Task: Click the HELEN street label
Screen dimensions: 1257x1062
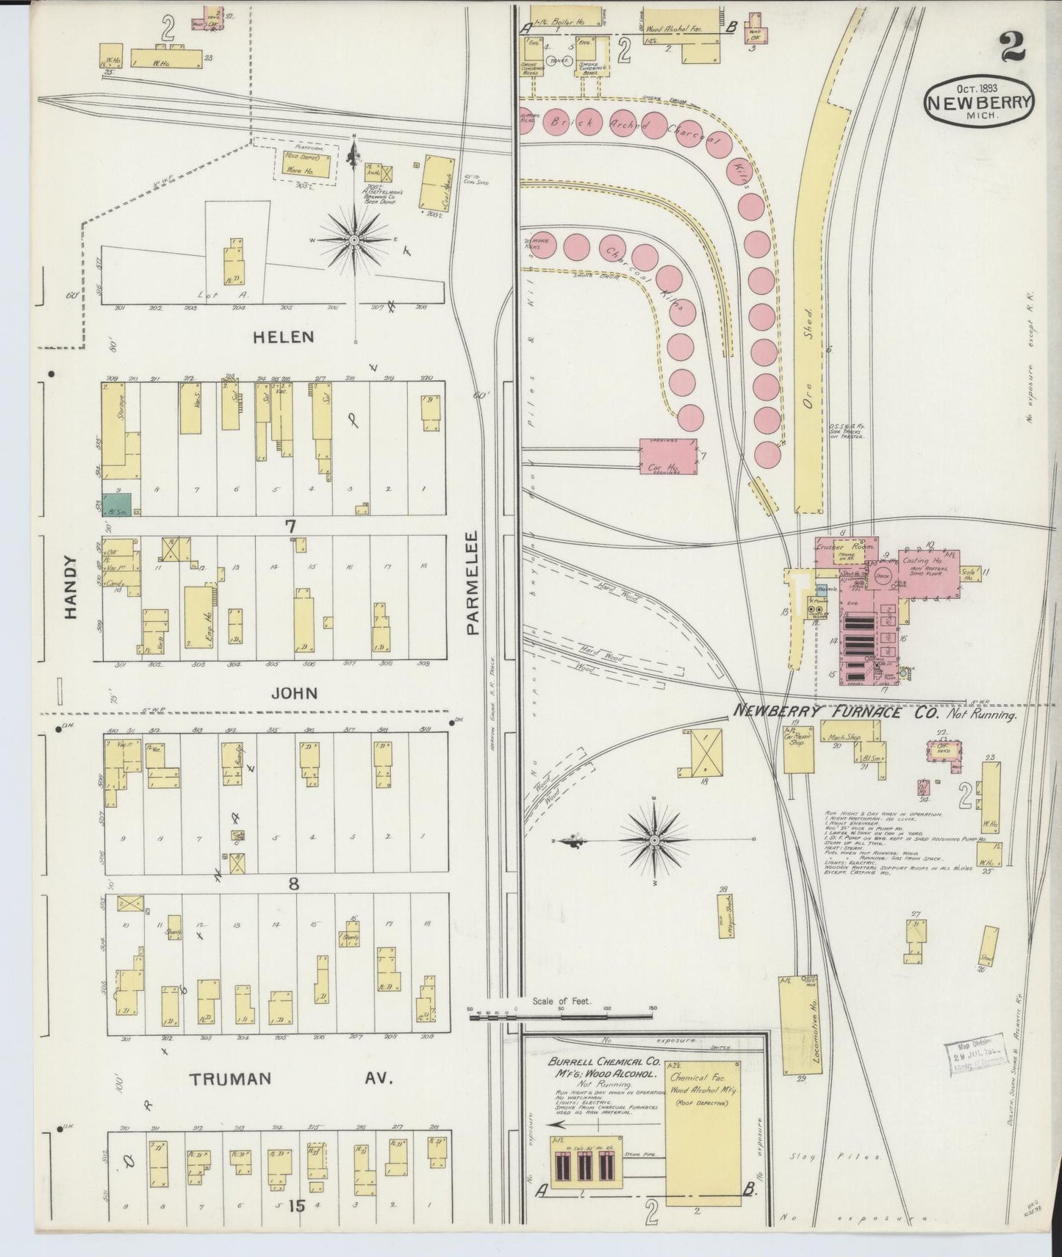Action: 283,337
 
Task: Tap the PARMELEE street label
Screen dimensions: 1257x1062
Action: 473,583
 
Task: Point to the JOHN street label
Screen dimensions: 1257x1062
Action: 294,693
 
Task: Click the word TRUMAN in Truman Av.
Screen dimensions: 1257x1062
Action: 231,1079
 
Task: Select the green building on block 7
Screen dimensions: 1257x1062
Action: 116,504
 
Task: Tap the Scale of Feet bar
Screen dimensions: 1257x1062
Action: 561,1016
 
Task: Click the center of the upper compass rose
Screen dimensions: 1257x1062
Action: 354,240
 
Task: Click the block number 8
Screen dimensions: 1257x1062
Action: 294,884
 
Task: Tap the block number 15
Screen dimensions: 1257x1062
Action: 296,1206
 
